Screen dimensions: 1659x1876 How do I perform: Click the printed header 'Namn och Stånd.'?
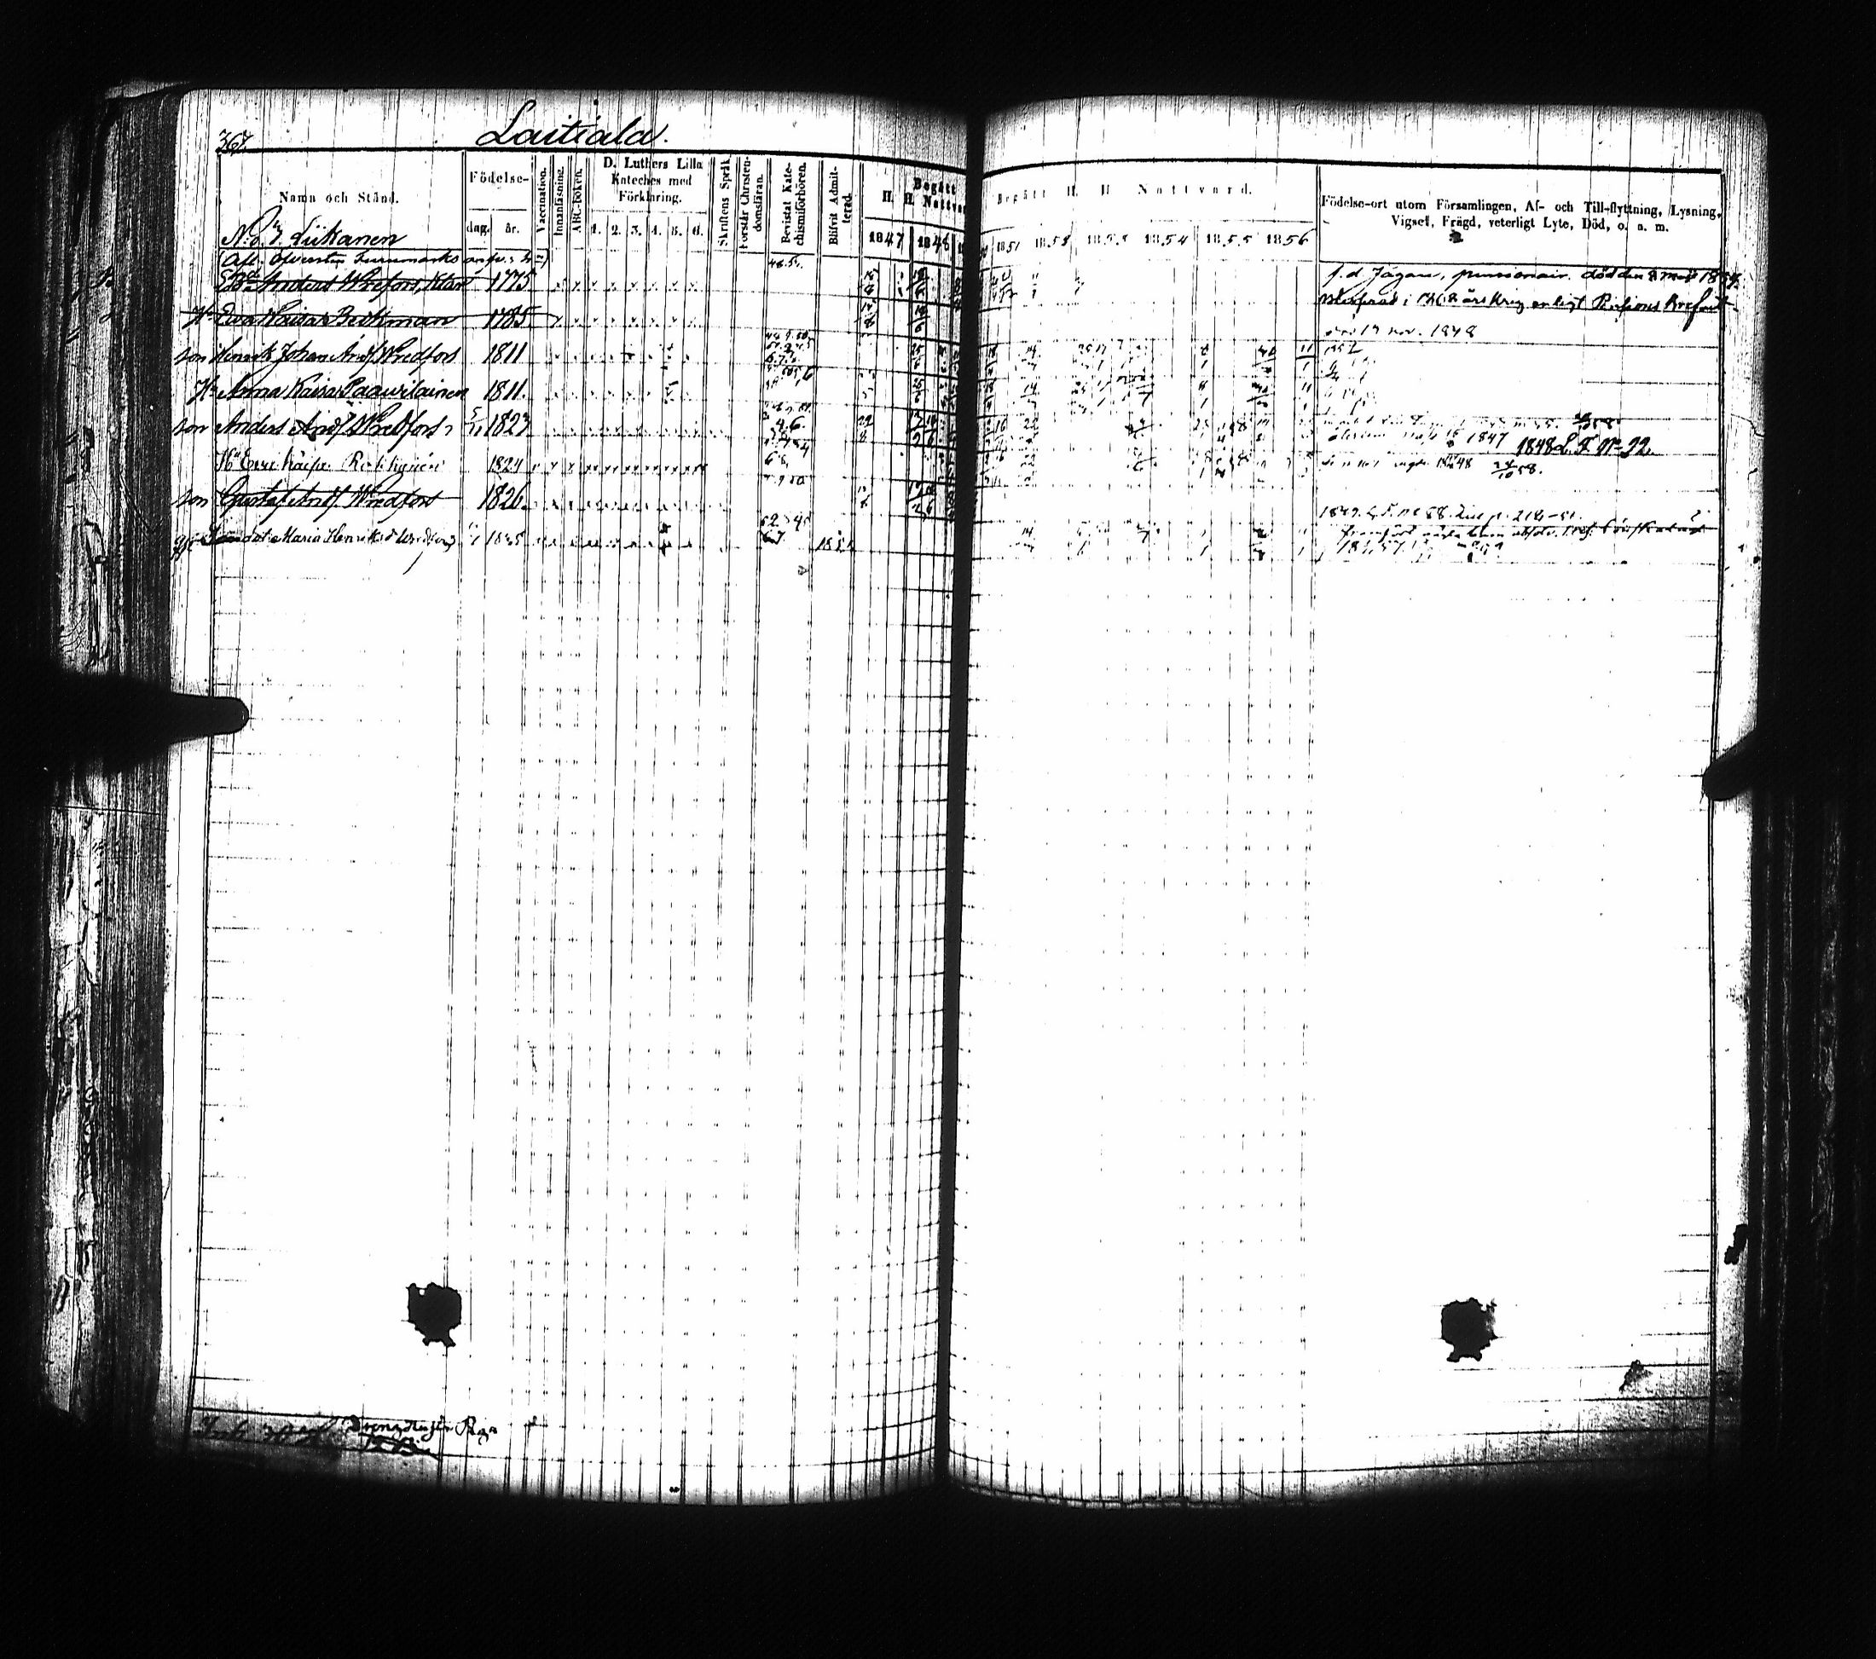click(339, 196)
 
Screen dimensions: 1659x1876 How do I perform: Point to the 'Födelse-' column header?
click(496, 178)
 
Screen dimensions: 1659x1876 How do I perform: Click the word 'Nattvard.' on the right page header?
click(1194, 191)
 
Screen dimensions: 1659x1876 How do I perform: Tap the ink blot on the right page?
click(1469, 1327)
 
